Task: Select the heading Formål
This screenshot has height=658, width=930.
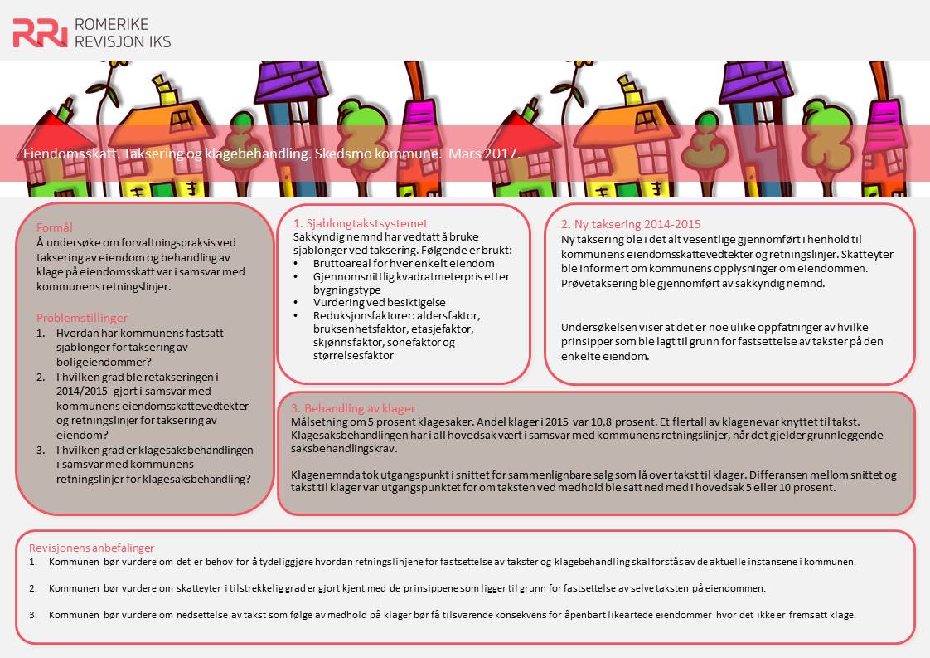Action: click(x=56, y=227)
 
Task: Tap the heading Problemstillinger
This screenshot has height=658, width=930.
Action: click(x=82, y=318)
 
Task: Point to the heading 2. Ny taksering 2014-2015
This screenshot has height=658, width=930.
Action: click(x=631, y=224)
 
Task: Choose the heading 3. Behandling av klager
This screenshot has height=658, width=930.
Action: click(x=352, y=408)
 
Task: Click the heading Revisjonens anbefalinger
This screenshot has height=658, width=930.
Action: click(x=91, y=548)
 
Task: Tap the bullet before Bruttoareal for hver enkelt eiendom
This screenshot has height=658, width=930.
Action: click(x=298, y=263)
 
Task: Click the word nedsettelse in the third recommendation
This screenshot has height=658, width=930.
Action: click(x=183, y=615)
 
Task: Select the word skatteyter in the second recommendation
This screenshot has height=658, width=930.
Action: click(x=201, y=588)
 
